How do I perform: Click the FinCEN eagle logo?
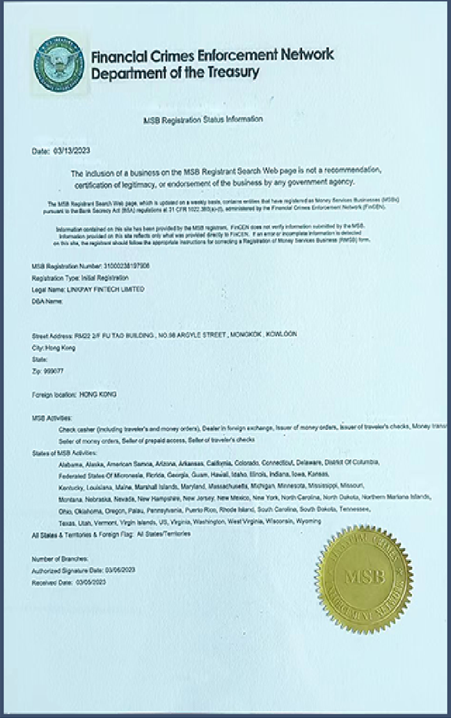pyautogui.click(x=58, y=65)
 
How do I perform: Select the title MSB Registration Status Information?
pyautogui.click(x=203, y=120)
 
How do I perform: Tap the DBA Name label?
pyautogui.click(x=47, y=301)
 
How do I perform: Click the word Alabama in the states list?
pyautogui.click(x=72, y=463)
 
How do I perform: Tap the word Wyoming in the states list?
pyautogui.click(x=308, y=521)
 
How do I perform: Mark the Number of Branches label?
pyautogui.click(x=60, y=559)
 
